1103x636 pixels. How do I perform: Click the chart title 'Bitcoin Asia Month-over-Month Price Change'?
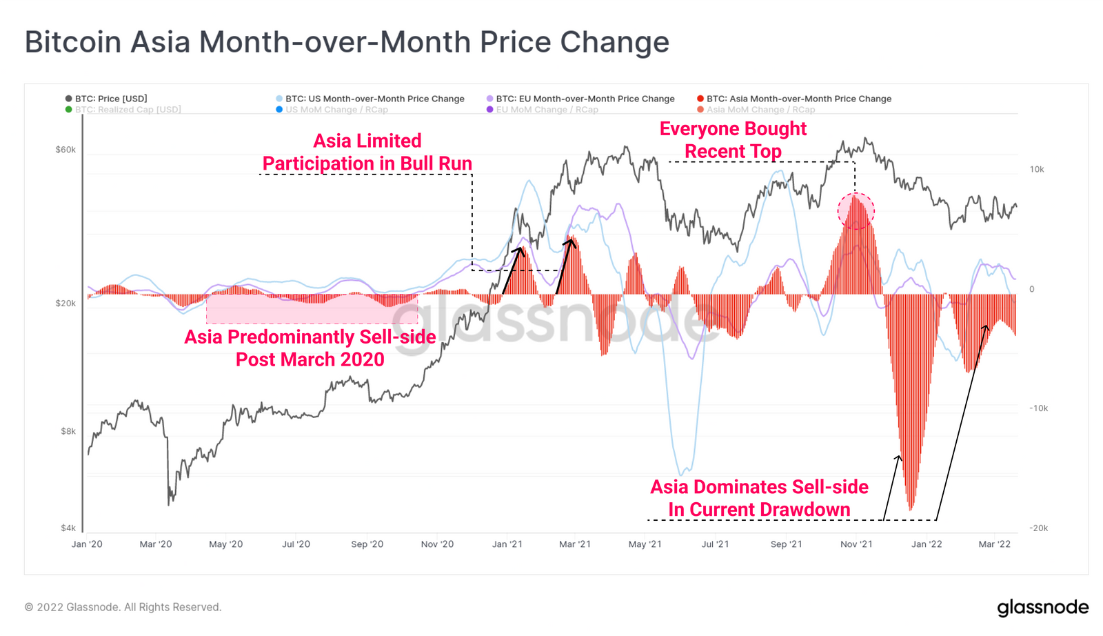347,41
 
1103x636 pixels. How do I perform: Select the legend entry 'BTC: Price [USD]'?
110,99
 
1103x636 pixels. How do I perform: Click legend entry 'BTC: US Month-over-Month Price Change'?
374,99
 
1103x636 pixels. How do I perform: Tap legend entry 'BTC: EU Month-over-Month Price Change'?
585,99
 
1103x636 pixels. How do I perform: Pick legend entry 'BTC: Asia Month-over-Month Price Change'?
798,99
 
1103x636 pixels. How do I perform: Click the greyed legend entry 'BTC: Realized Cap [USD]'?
128,110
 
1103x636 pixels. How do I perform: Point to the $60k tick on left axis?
65,150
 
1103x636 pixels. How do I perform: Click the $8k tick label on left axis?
68,431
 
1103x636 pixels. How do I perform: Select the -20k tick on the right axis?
1038,528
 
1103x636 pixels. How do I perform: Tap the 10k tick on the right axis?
1037,169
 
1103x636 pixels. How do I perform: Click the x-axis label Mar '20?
156,544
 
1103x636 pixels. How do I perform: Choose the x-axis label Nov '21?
856,544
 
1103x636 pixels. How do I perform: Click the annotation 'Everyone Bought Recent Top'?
733,140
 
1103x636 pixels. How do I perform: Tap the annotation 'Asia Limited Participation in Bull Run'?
367,152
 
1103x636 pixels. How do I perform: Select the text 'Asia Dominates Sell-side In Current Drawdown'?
759,498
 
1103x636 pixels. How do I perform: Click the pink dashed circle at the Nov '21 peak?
856,211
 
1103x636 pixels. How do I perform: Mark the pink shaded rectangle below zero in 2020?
312,309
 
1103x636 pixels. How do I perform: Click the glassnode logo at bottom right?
1042,607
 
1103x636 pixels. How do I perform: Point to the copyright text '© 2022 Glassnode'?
123,607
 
